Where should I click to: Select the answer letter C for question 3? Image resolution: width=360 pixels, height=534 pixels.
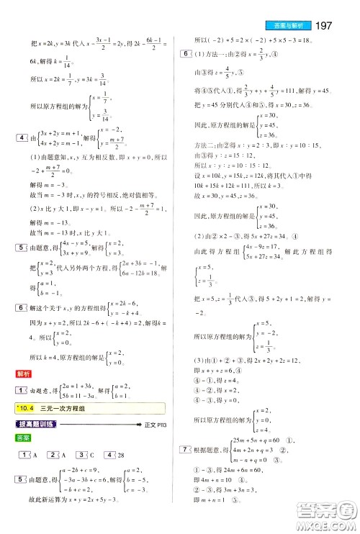click(x=91, y=455)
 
